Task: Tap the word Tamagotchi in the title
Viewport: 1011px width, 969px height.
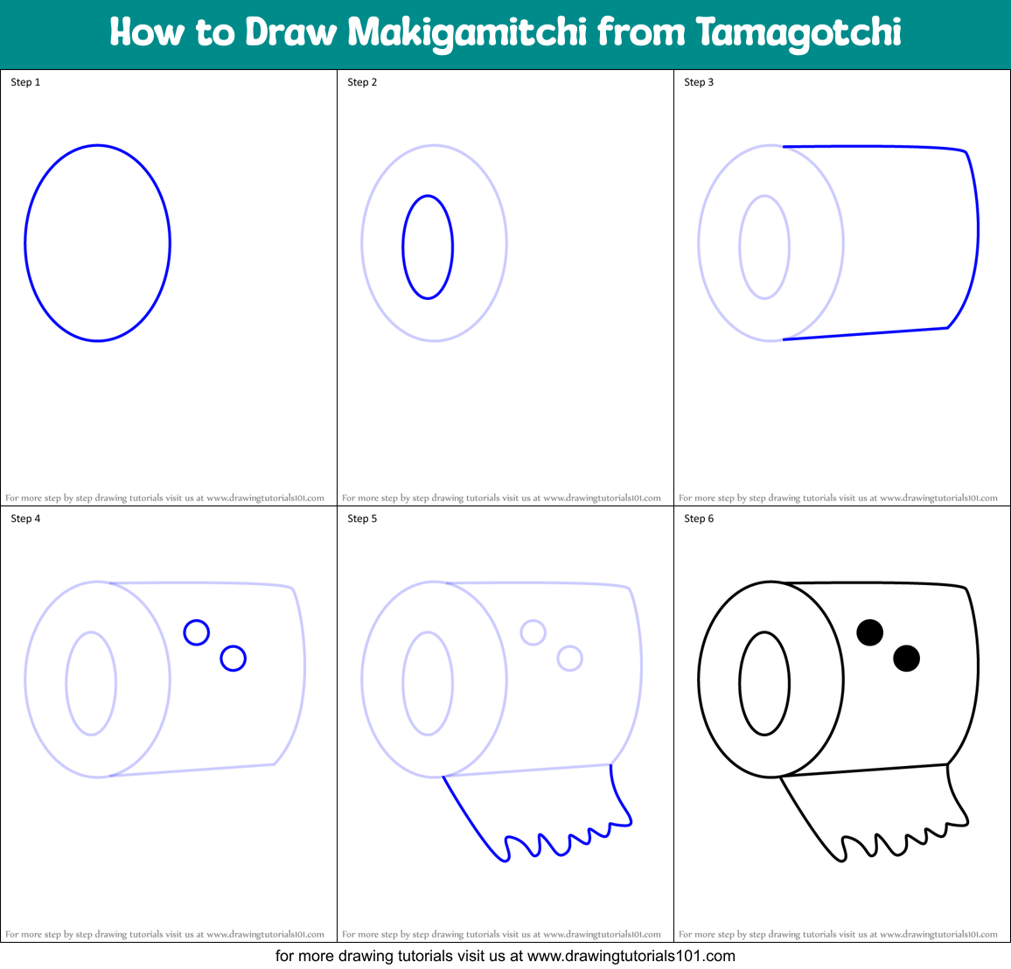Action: point(798,33)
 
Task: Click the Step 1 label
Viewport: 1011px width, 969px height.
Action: point(25,82)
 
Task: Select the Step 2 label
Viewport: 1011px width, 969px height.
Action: point(362,82)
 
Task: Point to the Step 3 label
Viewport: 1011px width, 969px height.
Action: point(699,82)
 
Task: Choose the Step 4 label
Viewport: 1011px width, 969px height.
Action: point(25,519)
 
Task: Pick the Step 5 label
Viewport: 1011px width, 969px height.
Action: point(362,519)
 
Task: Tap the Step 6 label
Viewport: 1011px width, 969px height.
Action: point(699,519)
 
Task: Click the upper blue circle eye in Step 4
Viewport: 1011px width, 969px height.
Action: point(197,632)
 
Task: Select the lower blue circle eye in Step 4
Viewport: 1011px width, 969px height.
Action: point(233,658)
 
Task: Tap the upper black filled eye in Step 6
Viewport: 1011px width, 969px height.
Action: point(869,632)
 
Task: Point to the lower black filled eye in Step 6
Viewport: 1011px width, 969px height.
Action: point(907,658)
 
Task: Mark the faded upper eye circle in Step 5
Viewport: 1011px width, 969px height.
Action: point(533,632)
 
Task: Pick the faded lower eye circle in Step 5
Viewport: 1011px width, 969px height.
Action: point(569,658)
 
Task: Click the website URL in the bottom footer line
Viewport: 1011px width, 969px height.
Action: point(631,956)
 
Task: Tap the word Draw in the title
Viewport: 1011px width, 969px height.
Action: point(291,33)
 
